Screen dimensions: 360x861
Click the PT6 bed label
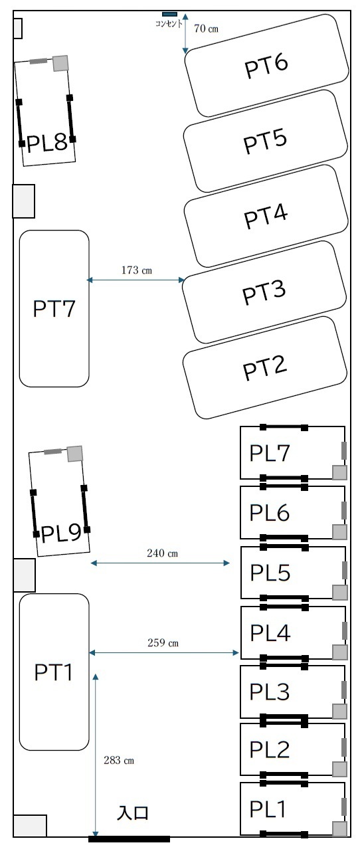point(266,65)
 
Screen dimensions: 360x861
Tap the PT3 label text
point(264,292)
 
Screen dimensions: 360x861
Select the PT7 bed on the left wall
point(54,308)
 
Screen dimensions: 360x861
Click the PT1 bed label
point(53,672)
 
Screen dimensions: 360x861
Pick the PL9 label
point(60,533)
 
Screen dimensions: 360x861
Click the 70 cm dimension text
point(206,29)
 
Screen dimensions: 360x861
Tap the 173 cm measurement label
point(136,270)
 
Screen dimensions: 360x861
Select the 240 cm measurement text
point(162,553)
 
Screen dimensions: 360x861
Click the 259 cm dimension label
point(163,642)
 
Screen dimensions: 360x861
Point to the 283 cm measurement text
point(119,760)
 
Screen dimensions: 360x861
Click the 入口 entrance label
point(133,813)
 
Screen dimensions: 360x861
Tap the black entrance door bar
point(129,839)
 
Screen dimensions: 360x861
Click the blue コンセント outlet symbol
point(169,15)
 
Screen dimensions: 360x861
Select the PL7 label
point(269,453)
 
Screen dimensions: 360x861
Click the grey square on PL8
point(60,63)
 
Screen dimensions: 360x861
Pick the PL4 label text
point(270,632)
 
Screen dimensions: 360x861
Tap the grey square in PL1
point(339,829)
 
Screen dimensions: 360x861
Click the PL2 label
point(269,749)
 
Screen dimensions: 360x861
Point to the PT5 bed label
point(265,141)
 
